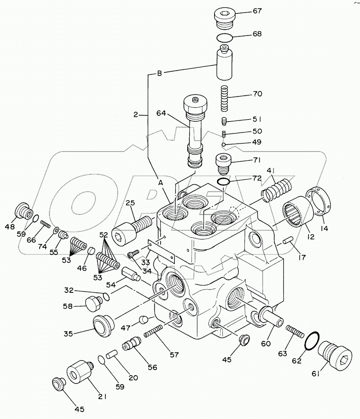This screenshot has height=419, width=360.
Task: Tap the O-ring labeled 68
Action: coord(225,38)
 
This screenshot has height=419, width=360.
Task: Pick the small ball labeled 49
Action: coord(224,145)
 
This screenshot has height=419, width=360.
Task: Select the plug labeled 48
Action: coord(23,211)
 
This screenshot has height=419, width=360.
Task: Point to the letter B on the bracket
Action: coord(159,74)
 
